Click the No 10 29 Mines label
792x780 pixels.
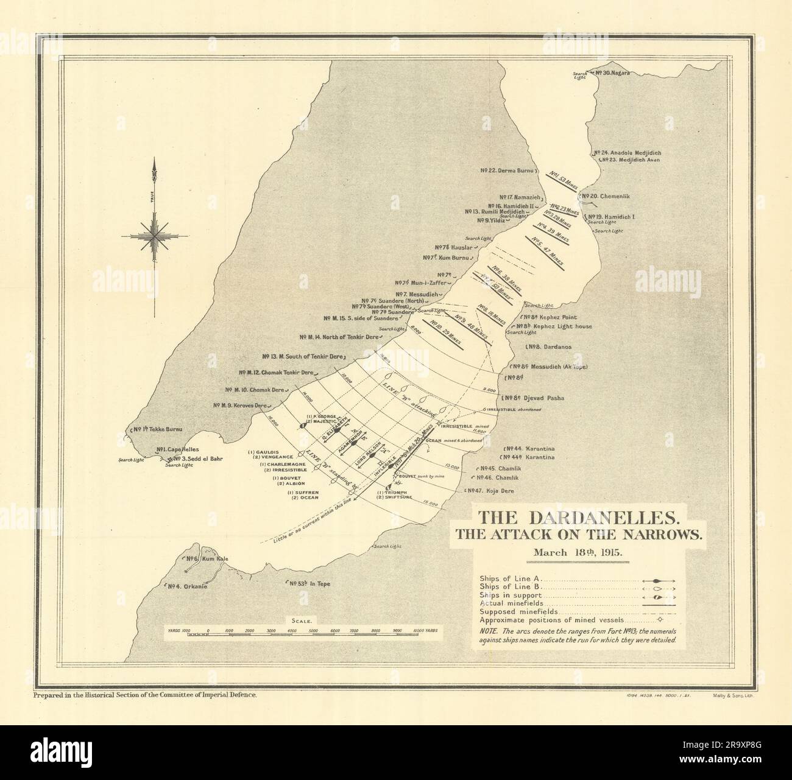(x=448, y=333)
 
